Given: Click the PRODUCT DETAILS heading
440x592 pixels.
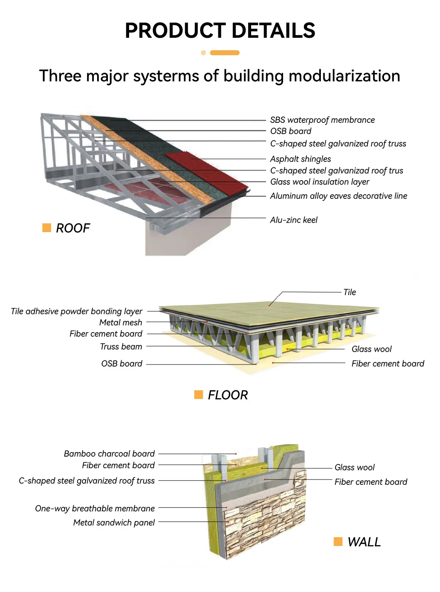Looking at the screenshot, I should coord(220,31).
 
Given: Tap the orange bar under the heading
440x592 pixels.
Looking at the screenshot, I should coord(225,53).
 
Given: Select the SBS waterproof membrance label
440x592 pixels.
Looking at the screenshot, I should coord(322,120).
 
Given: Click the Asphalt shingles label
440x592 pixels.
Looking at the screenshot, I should coord(301,159).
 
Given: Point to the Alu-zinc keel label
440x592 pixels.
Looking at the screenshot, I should coord(293,220).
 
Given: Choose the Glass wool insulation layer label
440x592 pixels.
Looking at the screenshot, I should coord(320,182).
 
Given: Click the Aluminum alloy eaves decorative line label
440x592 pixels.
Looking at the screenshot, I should coord(338,196).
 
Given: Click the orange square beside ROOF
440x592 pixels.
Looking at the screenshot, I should coord(46,228).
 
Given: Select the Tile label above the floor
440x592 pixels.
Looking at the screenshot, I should coord(350,292).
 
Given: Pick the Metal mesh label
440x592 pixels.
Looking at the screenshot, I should coord(120,323).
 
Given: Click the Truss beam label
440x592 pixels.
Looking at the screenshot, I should coord(121,347).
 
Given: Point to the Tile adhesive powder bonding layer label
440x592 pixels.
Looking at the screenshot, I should coord(76,311).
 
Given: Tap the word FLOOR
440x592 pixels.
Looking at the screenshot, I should coord(227,395).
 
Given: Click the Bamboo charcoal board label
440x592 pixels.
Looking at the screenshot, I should coord(109,454).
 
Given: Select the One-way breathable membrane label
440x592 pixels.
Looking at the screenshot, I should coord(95,509).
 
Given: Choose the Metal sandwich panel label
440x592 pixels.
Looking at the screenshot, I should coord(114,523).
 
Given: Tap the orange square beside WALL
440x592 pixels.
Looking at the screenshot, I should coord(338,541).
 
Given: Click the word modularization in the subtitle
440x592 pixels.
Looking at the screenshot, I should coord(344,76).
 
